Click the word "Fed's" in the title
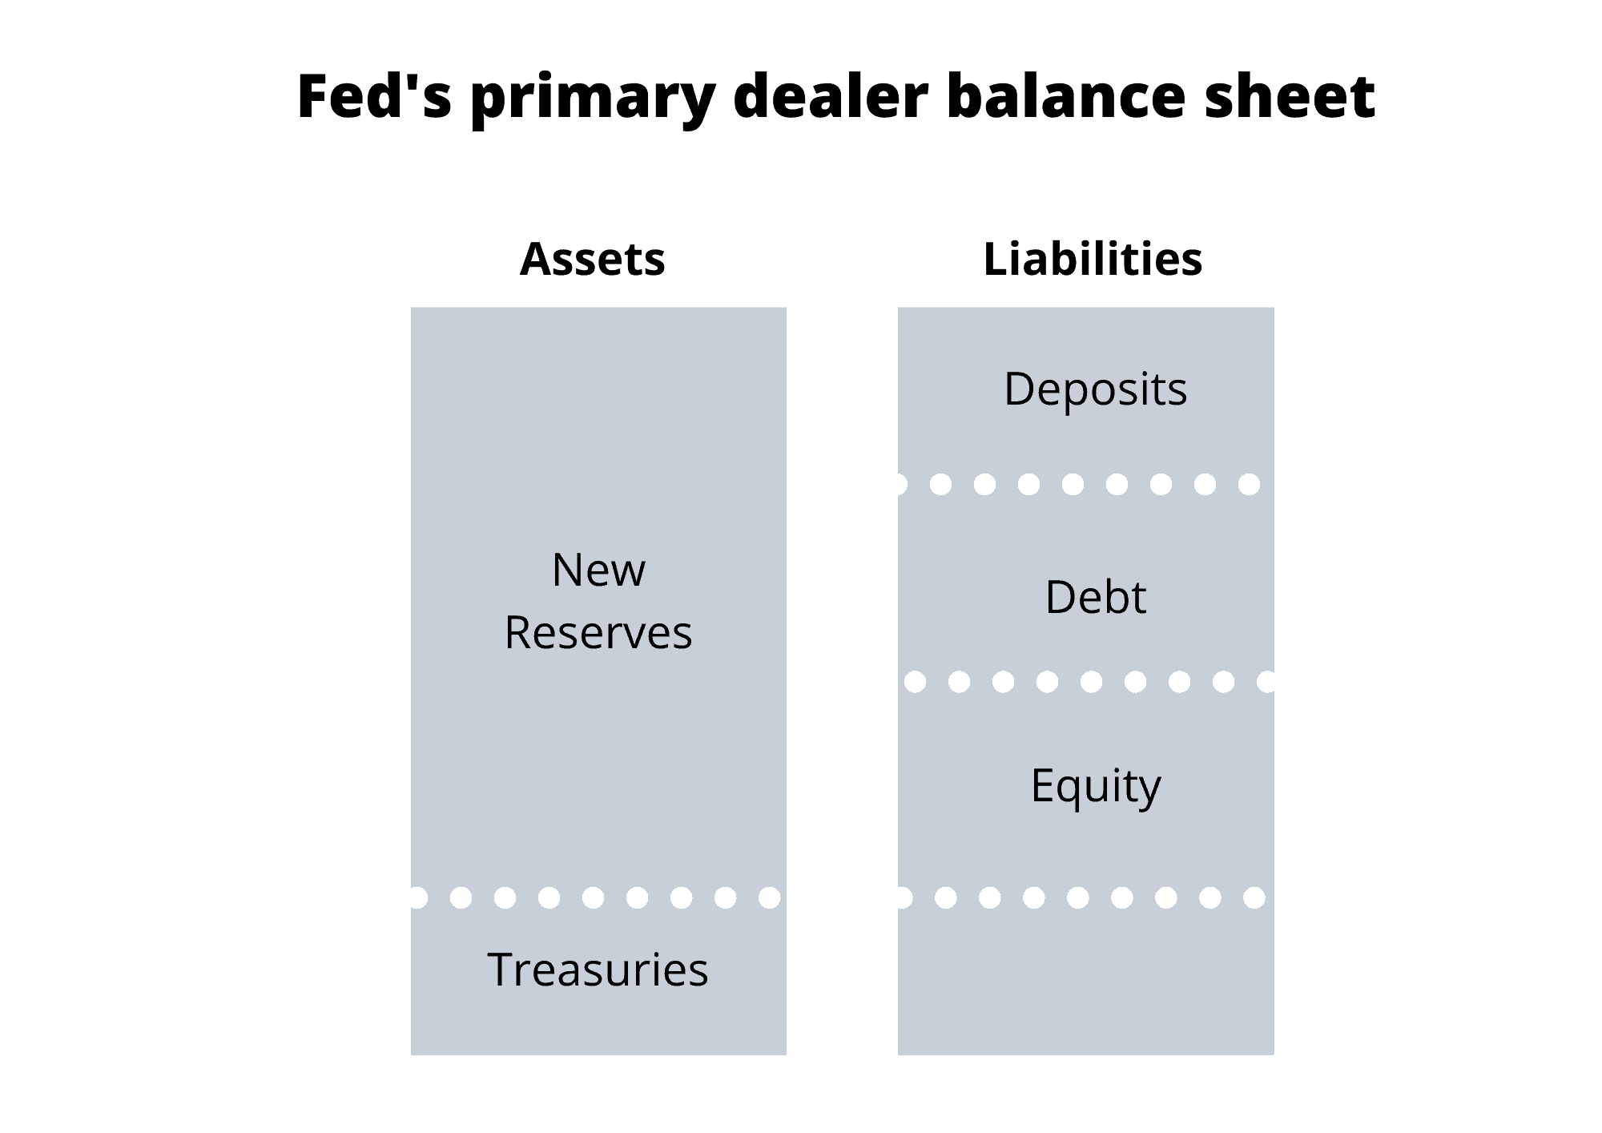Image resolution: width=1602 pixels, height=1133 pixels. pyautogui.click(x=374, y=96)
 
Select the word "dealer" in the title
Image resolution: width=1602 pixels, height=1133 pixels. pyautogui.click(x=831, y=96)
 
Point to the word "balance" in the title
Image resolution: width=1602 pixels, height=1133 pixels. pyautogui.click(x=1066, y=96)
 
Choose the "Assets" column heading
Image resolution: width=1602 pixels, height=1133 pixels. pyautogui.click(x=593, y=260)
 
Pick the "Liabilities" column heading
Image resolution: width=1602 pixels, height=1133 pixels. pyautogui.click(x=1093, y=259)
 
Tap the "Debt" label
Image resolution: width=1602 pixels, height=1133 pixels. pyautogui.click(x=1095, y=597)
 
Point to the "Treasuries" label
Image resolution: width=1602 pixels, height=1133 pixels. pyautogui.click(x=598, y=970)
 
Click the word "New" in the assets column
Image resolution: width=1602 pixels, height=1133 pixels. pyautogui.click(x=598, y=571)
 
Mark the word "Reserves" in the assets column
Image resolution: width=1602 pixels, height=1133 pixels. pyautogui.click(x=598, y=633)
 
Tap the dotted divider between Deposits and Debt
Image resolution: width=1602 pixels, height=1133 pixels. pyautogui.click(x=1079, y=484)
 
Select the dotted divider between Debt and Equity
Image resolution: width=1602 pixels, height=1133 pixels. pyautogui.click(x=1090, y=682)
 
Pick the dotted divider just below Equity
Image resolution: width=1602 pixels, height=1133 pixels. pyautogui.click(x=1081, y=897)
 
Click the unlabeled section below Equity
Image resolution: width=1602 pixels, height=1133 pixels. pyautogui.click(x=1086, y=982)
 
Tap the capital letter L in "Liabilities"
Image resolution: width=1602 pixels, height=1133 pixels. pyautogui.click(x=996, y=259)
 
